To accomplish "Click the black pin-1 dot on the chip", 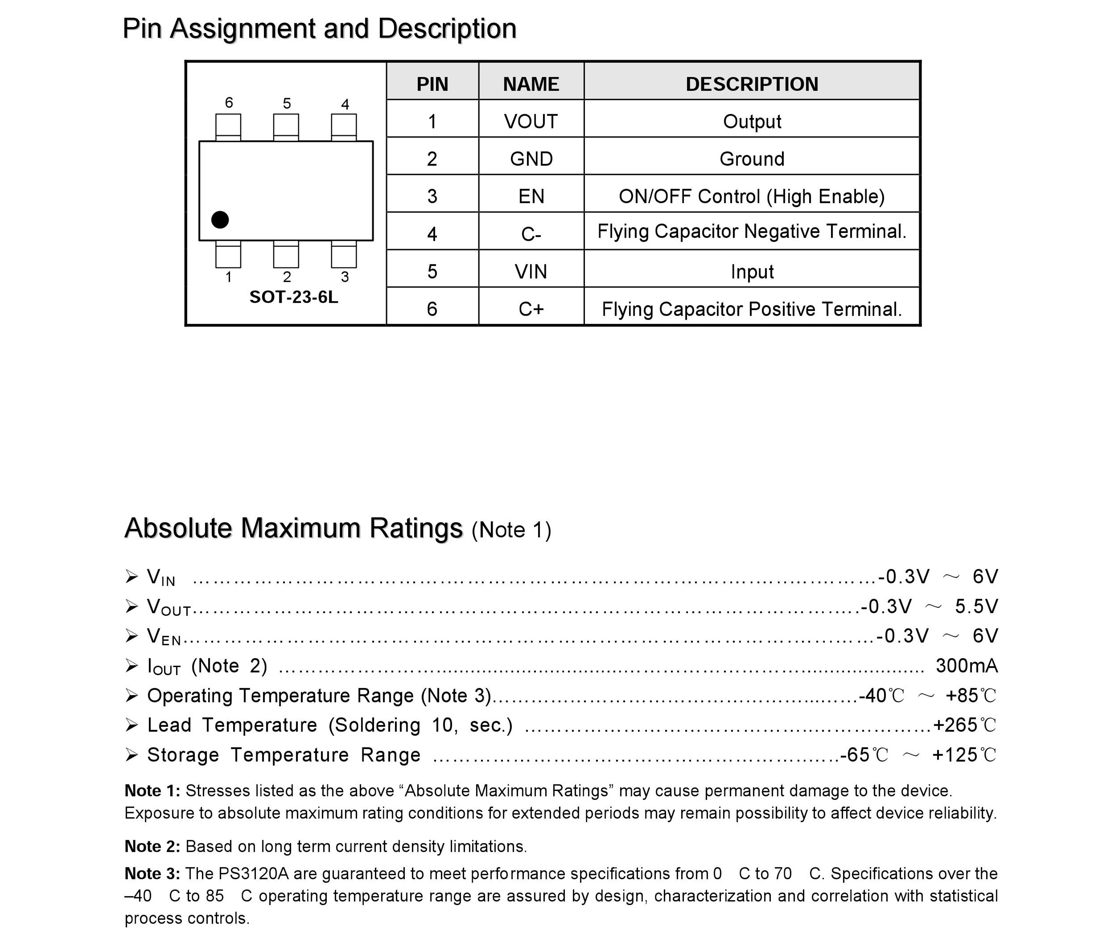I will click(x=220, y=220).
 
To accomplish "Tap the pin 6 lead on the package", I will click(x=228, y=127).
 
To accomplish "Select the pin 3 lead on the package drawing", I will click(x=344, y=255).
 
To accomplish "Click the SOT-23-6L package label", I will click(x=293, y=297).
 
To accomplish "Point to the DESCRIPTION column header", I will click(x=751, y=84).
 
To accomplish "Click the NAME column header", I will click(x=531, y=84).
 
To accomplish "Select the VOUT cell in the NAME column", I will click(x=531, y=121).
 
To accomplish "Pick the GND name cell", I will click(x=531, y=159).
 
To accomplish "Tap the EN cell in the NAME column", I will click(x=531, y=197).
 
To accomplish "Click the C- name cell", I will click(x=531, y=234).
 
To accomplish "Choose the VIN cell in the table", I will click(x=531, y=271).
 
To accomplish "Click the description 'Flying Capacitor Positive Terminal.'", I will click(x=751, y=309).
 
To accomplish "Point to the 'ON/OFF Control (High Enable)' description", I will click(x=751, y=197).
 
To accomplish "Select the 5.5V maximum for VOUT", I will click(x=976, y=607).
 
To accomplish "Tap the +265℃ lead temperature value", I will click(x=964, y=725).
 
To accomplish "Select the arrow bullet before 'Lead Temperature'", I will click(x=132, y=725).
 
